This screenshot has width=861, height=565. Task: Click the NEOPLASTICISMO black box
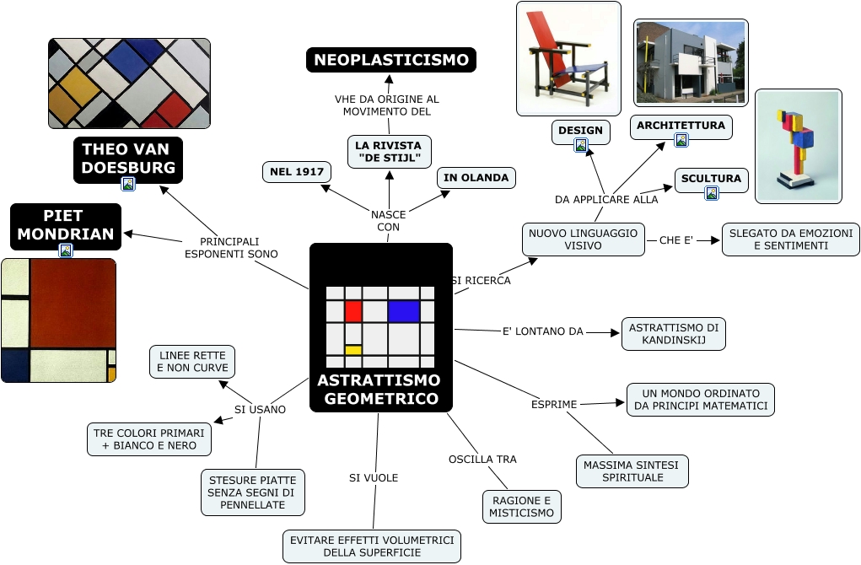(x=391, y=60)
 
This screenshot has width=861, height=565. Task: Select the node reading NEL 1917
(x=297, y=172)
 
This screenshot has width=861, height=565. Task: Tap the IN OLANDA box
(x=476, y=178)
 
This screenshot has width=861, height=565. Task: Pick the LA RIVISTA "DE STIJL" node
(x=390, y=152)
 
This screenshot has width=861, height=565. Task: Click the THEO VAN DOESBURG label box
(x=128, y=159)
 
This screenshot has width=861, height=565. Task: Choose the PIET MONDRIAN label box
(x=66, y=224)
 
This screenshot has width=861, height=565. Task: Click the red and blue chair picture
(x=568, y=58)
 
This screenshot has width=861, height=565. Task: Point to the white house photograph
(x=691, y=62)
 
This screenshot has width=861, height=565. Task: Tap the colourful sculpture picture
(x=798, y=146)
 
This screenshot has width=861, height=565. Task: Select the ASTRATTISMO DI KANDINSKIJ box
(x=674, y=334)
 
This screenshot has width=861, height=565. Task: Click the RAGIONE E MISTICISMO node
(x=522, y=507)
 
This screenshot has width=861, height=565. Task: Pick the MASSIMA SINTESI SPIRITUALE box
(x=632, y=471)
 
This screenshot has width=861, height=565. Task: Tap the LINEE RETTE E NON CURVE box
(x=192, y=362)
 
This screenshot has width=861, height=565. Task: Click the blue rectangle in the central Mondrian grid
(x=404, y=311)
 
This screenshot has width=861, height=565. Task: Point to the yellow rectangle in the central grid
(x=353, y=349)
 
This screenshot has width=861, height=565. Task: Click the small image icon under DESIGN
(x=581, y=145)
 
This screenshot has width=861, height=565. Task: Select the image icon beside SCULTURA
(x=712, y=193)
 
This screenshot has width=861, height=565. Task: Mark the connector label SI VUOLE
(x=374, y=478)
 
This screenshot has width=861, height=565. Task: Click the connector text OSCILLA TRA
(x=482, y=460)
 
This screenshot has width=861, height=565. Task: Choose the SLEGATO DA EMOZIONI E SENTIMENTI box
(x=791, y=239)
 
